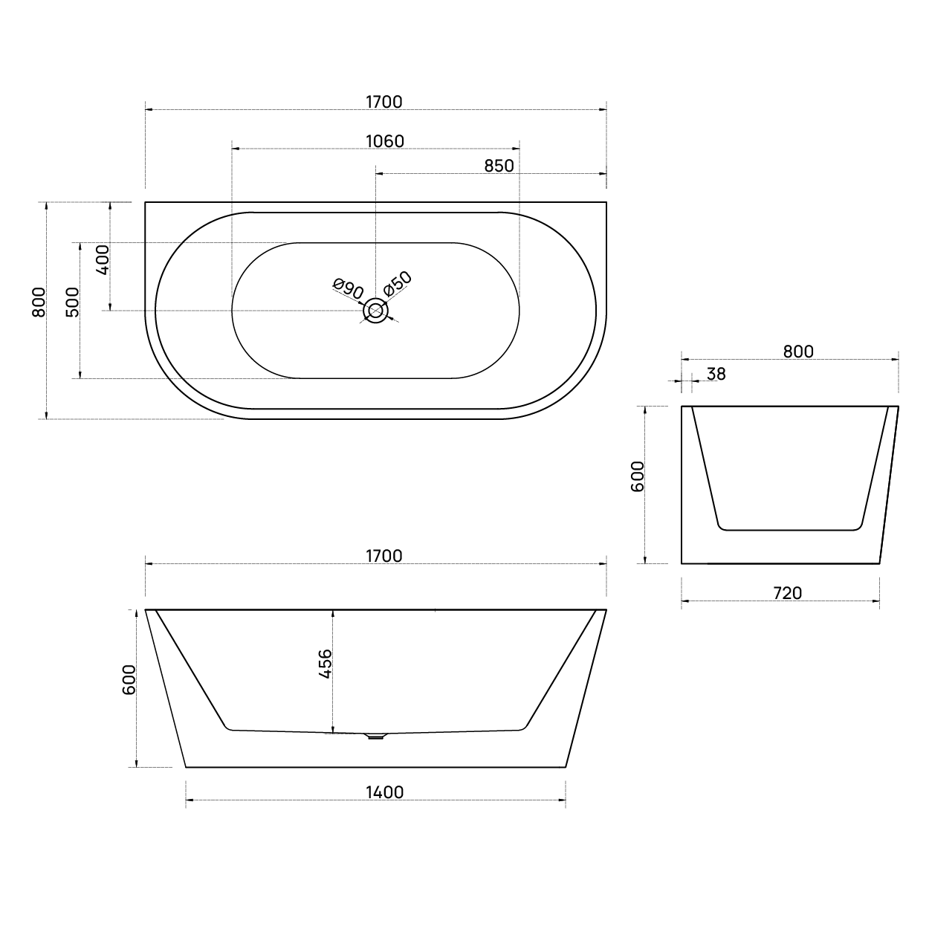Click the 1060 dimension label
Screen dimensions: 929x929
[x=384, y=141]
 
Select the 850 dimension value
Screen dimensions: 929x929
[x=499, y=166]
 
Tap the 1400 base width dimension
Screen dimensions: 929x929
[x=385, y=792]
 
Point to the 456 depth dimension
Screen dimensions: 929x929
[x=325, y=664]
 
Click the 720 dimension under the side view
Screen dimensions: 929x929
[x=787, y=593]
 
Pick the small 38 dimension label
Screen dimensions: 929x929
[x=716, y=374]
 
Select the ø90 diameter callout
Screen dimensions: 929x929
[x=348, y=288]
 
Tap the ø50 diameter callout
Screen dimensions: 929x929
[x=398, y=283]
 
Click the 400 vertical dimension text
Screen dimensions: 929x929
[x=103, y=259]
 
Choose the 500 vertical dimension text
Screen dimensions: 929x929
[x=72, y=302]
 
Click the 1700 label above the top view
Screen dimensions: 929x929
[x=383, y=102]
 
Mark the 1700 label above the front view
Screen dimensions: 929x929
[x=383, y=556]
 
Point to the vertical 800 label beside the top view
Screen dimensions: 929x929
[x=39, y=302]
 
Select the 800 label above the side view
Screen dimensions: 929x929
[x=798, y=352]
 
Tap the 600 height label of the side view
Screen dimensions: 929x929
[x=638, y=476]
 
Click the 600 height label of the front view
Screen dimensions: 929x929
[x=129, y=679]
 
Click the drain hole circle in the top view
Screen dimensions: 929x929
[x=376, y=311]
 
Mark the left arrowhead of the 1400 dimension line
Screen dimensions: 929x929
[x=189, y=800]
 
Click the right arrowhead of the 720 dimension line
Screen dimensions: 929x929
[x=876, y=601]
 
